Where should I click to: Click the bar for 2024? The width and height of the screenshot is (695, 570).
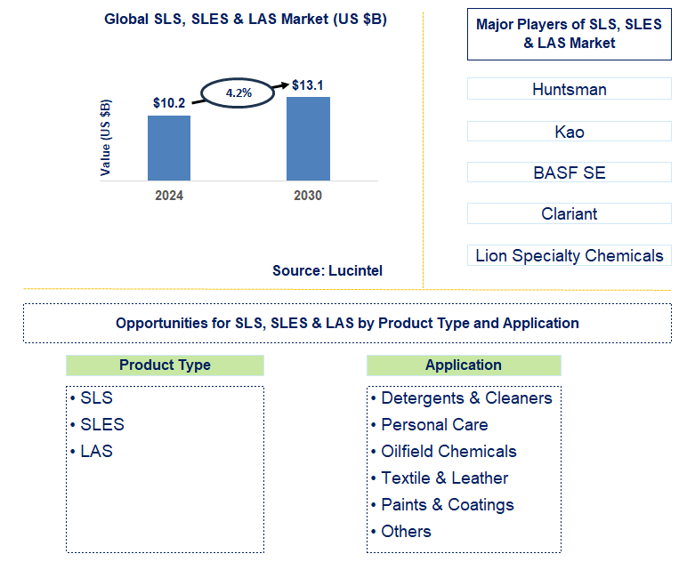[169, 148]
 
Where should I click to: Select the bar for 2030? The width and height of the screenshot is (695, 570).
[308, 138]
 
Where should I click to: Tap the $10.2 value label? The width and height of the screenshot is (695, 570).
[169, 103]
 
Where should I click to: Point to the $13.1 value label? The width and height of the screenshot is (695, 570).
[308, 85]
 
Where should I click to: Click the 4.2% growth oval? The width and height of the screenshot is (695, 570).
[238, 92]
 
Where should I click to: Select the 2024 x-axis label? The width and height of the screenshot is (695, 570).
[169, 196]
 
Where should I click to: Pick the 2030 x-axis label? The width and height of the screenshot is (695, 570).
[308, 196]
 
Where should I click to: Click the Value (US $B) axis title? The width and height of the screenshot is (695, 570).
[107, 138]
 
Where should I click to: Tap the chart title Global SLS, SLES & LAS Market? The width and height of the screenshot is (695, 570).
[246, 19]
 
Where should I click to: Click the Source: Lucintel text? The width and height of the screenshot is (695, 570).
[327, 270]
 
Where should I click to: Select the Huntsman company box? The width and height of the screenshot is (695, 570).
[570, 89]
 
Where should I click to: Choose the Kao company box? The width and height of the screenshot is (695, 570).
[570, 132]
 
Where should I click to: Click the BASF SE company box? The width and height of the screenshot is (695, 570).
[570, 173]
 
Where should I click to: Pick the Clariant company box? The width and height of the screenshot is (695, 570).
[570, 213]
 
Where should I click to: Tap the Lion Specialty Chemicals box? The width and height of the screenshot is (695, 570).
[570, 256]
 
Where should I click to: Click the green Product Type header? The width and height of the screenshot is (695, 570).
[165, 365]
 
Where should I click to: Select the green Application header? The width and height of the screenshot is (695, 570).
[464, 365]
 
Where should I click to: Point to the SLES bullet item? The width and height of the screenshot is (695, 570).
[101, 424]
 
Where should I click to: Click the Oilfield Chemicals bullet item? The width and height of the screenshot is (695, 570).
[448, 451]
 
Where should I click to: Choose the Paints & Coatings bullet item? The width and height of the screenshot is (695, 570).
[447, 504]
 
